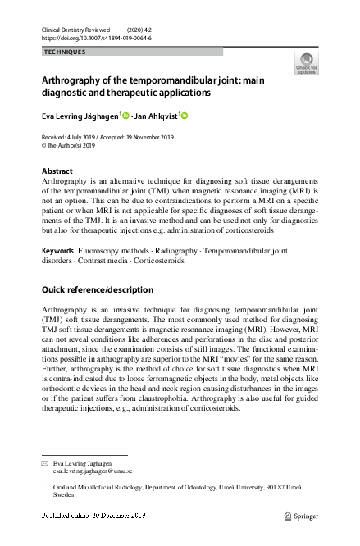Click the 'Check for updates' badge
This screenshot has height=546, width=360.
pos(308,64)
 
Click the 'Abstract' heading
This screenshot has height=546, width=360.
pos(57,171)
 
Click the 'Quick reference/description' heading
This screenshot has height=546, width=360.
pos(97,289)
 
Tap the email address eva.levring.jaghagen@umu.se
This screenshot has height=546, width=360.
pos(93,471)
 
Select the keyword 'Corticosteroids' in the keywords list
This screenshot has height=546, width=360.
pos(157,260)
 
